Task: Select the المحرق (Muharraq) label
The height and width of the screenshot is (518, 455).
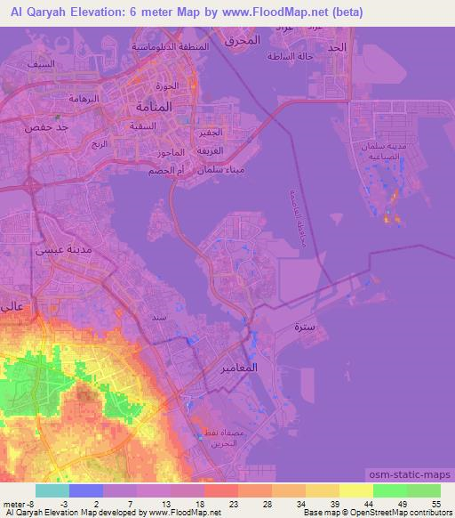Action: tap(241, 40)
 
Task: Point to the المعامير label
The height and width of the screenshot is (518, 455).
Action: tap(237, 366)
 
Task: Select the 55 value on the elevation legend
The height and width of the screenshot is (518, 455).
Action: tap(435, 504)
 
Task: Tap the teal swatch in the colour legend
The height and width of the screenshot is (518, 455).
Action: tap(52, 490)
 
